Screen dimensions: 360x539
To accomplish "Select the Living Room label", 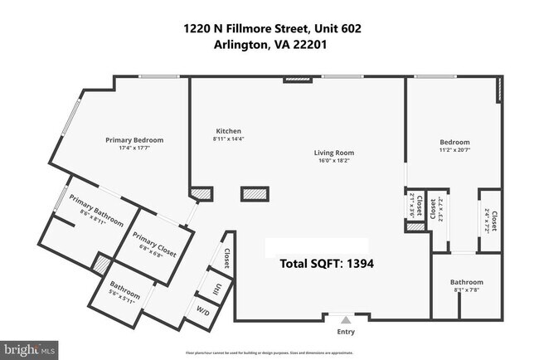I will (x=334, y=153).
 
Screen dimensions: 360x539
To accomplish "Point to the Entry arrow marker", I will (x=346, y=319).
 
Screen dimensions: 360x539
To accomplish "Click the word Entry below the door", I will (x=346, y=332).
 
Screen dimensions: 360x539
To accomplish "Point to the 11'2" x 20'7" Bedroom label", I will (x=454, y=146).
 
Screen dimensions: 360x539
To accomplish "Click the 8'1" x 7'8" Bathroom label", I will (x=468, y=285).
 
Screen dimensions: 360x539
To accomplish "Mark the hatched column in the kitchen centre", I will (x=253, y=194).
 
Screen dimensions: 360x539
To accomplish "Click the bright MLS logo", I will (x=29, y=349).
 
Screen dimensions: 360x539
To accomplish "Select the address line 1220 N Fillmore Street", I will (x=272, y=29).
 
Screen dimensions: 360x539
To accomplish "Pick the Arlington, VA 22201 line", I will (x=272, y=46).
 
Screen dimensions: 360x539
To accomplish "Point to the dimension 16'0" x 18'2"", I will (x=334, y=161).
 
